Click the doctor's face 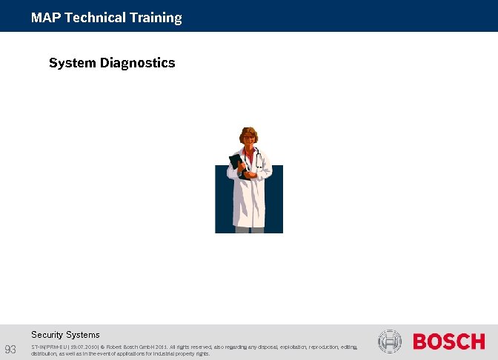[x=248, y=138]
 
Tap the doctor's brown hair [x=248, y=130]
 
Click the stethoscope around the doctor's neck [x=256, y=157]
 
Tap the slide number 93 [x=10, y=349]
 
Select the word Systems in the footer [x=84, y=335]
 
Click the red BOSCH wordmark [x=448, y=341]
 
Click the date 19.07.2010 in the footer [x=84, y=346]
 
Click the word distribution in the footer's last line [x=45, y=353]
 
